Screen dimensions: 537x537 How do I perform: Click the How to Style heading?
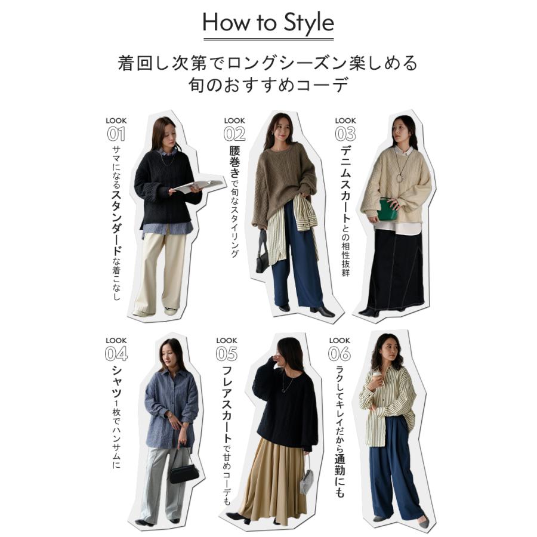[268, 23]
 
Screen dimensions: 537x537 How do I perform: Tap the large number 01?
[116, 134]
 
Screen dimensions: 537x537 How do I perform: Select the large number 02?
[234, 134]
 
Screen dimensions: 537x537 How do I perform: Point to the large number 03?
[345, 134]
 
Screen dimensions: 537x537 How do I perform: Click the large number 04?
[116, 353]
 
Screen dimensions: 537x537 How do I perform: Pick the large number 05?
[227, 353]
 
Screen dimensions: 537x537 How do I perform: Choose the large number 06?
[339, 353]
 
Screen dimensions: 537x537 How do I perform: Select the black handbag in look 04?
[184, 473]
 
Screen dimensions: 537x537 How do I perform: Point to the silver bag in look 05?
[307, 481]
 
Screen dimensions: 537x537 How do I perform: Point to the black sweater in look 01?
[164, 182]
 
